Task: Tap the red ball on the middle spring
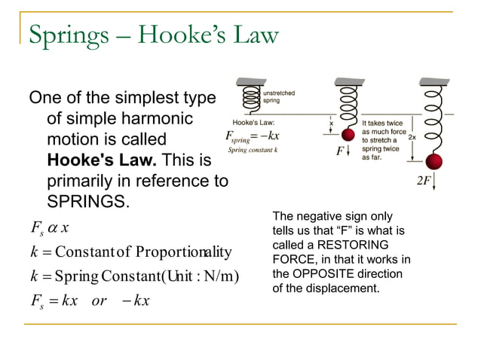348,136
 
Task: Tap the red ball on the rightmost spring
433,162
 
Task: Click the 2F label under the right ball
424,182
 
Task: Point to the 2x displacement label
412,138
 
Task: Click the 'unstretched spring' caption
279,96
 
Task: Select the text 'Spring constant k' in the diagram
254,151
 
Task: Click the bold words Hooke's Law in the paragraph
101,160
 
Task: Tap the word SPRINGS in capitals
87,202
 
